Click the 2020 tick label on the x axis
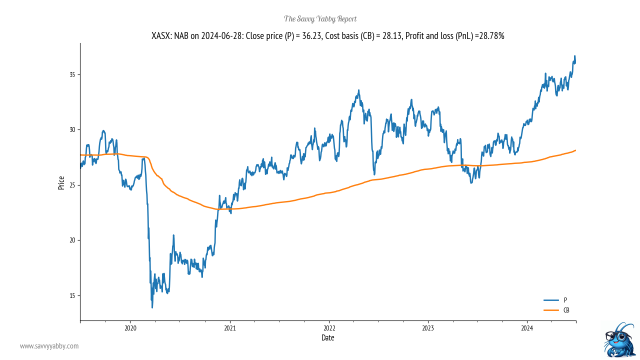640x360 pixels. coord(130,328)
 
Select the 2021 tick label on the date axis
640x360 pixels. coord(229,328)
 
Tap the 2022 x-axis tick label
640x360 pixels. coord(329,328)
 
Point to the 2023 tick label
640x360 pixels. coord(428,328)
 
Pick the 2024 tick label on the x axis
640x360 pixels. coord(527,328)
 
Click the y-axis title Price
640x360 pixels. coord(61,182)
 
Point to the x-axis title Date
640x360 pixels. coord(328,338)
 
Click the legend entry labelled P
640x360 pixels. coord(565,300)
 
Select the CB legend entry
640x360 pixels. coord(566,310)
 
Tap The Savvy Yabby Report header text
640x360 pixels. coord(320,19)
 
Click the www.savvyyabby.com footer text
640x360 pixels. coord(49,346)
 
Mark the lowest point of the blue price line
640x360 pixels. coord(152,307)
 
